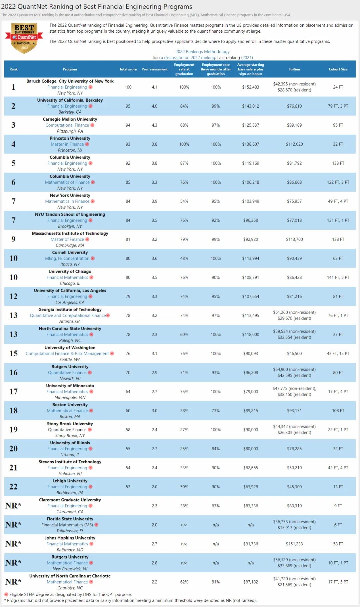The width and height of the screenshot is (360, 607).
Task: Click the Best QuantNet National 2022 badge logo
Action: [x=24, y=38]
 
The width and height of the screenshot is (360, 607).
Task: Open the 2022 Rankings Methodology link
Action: [x=202, y=52]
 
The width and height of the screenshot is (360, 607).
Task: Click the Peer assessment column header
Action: [x=154, y=69]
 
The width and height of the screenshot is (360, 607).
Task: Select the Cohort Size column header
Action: [x=338, y=69]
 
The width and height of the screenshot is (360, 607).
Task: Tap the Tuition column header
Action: [x=294, y=69]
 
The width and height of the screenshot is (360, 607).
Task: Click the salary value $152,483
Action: [x=250, y=87]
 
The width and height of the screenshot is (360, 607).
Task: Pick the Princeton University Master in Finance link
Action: [x=67, y=144]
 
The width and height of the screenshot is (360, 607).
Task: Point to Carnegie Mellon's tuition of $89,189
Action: [x=294, y=125]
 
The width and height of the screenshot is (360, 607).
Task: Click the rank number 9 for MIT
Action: [x=13, y=239]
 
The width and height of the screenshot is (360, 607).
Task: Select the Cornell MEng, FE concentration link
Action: [x=67, y=258]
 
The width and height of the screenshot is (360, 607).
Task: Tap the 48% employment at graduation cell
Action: [x=184, y=258]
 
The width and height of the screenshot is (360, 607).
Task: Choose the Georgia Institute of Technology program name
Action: [x=70, y=310]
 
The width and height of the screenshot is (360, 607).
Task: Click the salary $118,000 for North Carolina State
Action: [x=250, y=335]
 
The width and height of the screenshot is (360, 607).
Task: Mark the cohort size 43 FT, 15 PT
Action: [x=338, y=354]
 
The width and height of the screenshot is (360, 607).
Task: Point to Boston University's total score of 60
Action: [x=128, y=411]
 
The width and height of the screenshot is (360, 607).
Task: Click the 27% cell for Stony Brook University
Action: [x=184, y=430]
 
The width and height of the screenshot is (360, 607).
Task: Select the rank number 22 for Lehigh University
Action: [x=13, y=487]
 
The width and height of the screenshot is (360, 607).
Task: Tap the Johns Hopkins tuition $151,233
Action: [x=294, y=544]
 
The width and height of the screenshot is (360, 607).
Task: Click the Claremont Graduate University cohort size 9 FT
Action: [x=338, y=506]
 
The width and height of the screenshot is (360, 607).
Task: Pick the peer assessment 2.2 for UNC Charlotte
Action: [x=154, y=582]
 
